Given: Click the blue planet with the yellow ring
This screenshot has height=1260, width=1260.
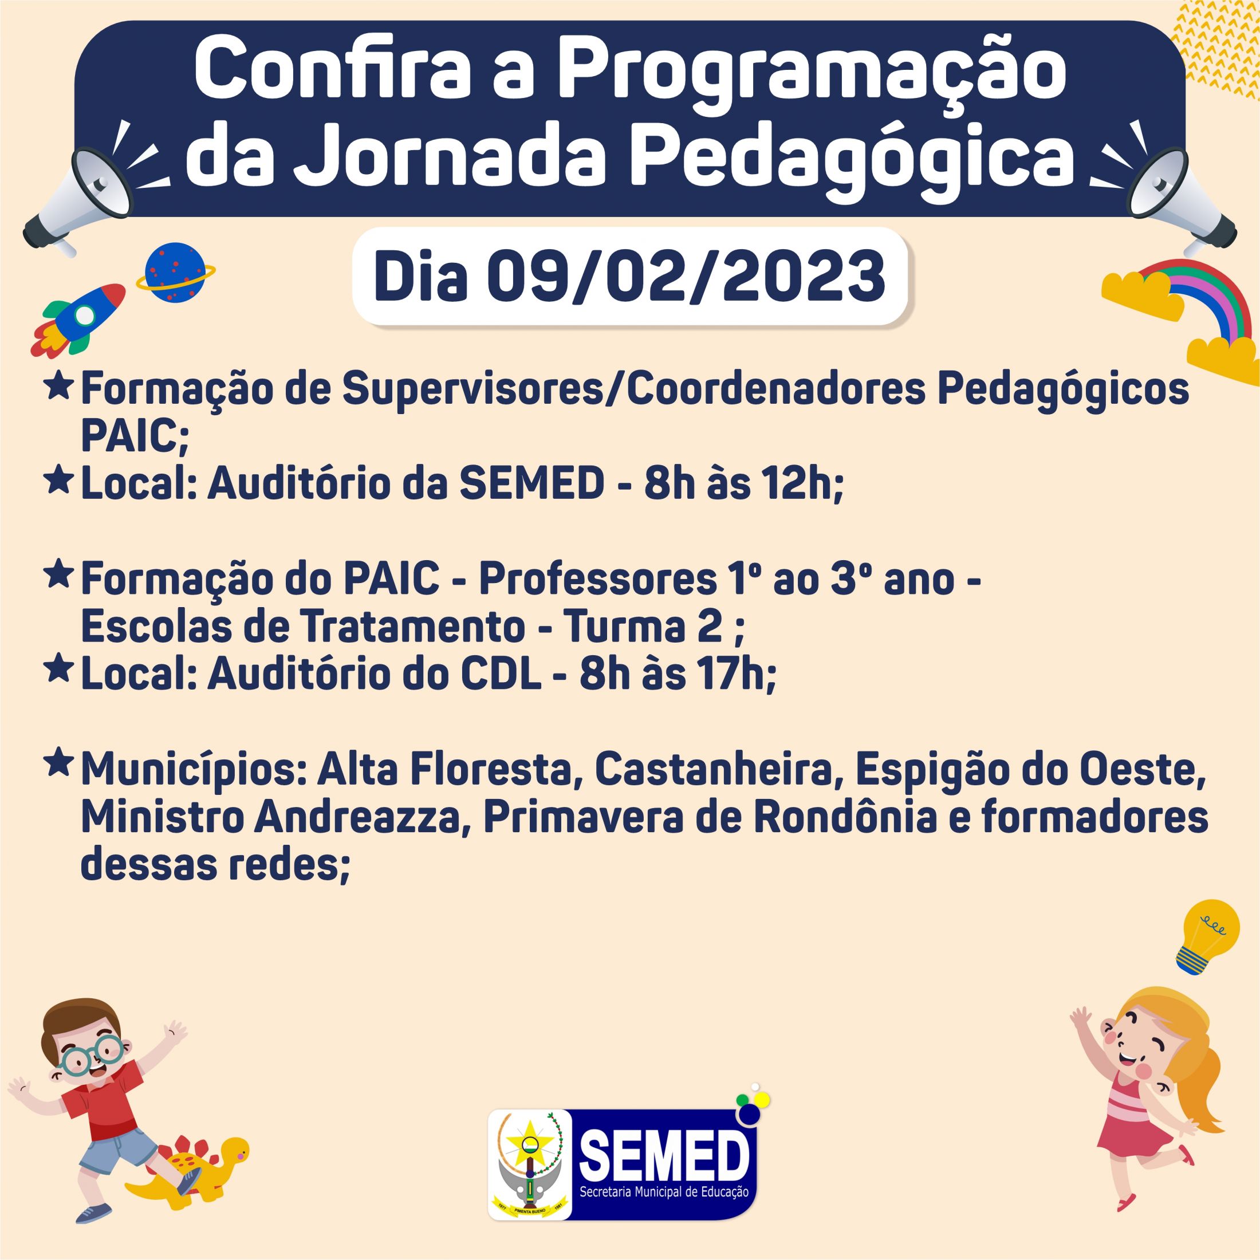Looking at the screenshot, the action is tap(175, 273).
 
